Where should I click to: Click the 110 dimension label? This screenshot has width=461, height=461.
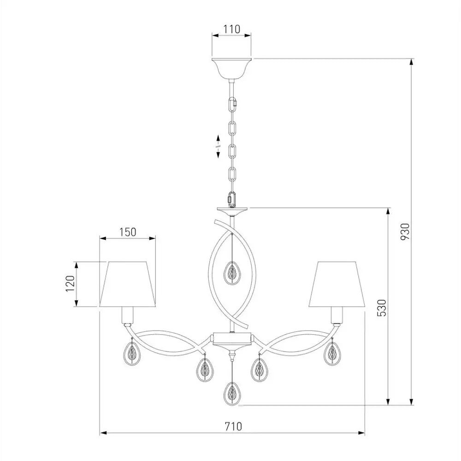click(232, 30)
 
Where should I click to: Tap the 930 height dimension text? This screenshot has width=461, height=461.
click(405, 231)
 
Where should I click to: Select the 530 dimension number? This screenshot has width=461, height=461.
click(382, 307)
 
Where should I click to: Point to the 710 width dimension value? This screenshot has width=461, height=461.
click(233, 426)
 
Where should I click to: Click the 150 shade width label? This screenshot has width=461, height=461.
click(128, 232)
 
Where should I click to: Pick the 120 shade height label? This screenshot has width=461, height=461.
click(70, 284)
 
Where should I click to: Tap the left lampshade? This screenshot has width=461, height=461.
click(127, 284)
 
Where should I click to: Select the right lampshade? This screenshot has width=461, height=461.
click(337, 284)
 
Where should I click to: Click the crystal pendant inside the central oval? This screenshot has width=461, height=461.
click(232, 273)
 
